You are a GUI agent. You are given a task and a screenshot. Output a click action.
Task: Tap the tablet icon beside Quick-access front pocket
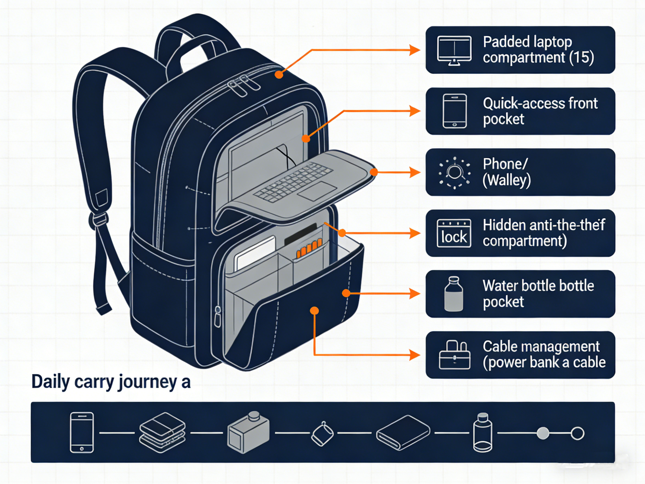tap(454, 111)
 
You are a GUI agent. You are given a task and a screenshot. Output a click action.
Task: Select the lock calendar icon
tap(454, 233)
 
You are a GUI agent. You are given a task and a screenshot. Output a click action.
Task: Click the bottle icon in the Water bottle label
tap(453, 294)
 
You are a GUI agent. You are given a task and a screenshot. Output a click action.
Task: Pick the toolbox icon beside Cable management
tap(454, 355)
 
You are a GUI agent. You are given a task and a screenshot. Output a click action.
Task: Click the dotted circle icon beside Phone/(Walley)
tap(454, 173)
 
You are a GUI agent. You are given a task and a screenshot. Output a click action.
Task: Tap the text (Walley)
tap(506, 180)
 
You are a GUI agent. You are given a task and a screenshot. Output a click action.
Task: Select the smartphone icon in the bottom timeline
tap(82, 433)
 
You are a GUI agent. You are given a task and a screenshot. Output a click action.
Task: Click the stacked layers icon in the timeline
tap(162, 433)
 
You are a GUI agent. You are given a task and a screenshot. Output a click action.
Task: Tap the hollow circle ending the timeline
tap(577, 433)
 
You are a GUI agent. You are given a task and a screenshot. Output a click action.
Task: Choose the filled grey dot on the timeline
tap(543, 433)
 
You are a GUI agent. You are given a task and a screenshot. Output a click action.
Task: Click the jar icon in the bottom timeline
tap(483, 433)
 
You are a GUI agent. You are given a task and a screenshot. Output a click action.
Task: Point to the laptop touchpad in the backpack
tap(317, 191)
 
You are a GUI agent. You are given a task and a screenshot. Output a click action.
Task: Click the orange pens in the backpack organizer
tap(309, 249)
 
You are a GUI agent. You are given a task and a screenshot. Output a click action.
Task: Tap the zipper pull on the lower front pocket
tap(217, 317)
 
